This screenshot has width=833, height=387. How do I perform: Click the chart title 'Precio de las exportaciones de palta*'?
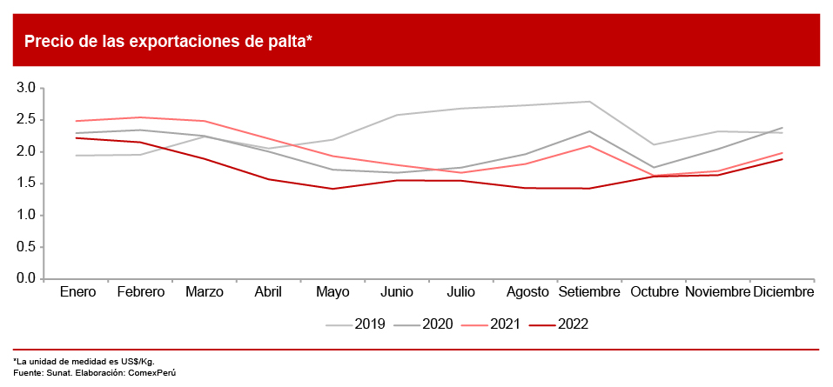click(x=168, y=41)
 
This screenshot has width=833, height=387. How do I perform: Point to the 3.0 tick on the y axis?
click(x=25, y=88)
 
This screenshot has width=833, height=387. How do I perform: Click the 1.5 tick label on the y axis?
click(x=25, y=183)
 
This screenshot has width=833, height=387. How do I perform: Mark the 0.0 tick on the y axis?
click(x=25, y=279)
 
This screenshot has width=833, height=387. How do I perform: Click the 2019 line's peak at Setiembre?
click(x=590, y=102)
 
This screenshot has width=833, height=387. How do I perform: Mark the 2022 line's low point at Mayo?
click(x=333, y=189)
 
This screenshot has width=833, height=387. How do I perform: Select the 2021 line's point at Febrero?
click(x=141, y=117)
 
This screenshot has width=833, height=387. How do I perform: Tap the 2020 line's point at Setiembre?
click(x=590, y=131)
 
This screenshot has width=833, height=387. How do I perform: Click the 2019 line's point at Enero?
click(x=77, y=156)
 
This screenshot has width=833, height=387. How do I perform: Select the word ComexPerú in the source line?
click(x=160, y=372)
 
